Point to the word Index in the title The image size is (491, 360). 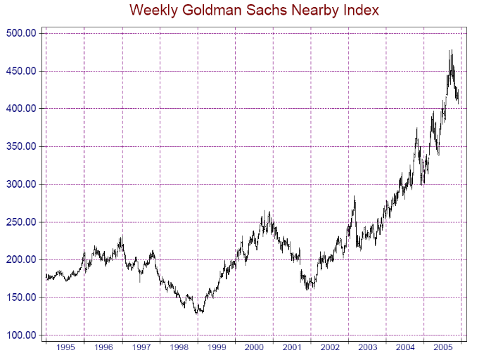[x=359, y=11]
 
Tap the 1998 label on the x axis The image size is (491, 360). [x=178, y=348]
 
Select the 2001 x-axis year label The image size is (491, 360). [x=291, y=348]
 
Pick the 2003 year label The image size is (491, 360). [x=367, y=348]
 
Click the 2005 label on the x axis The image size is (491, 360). [x=442, y=348]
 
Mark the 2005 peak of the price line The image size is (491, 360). [x=451, y=51]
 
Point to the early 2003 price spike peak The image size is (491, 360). [x=355, y=197]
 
